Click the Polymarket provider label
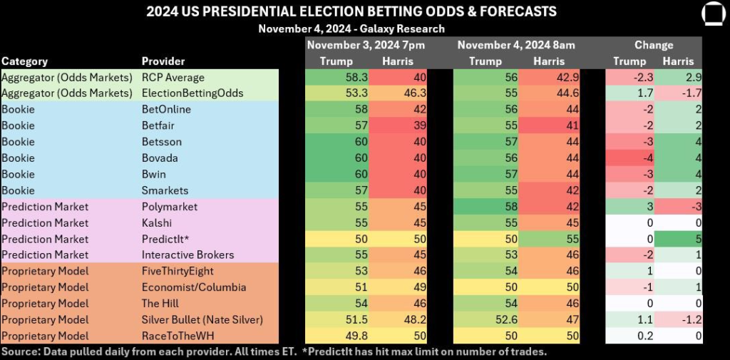(170, 207)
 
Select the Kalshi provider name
(156, 222)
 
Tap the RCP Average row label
(173, 77)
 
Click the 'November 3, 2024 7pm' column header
(366, 45)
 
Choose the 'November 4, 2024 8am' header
(516, 45)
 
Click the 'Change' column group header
(654, 45)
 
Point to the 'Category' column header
(25, 61)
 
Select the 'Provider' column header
(163, 61)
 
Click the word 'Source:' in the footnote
(19, 351)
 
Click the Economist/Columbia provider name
(194, 287)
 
